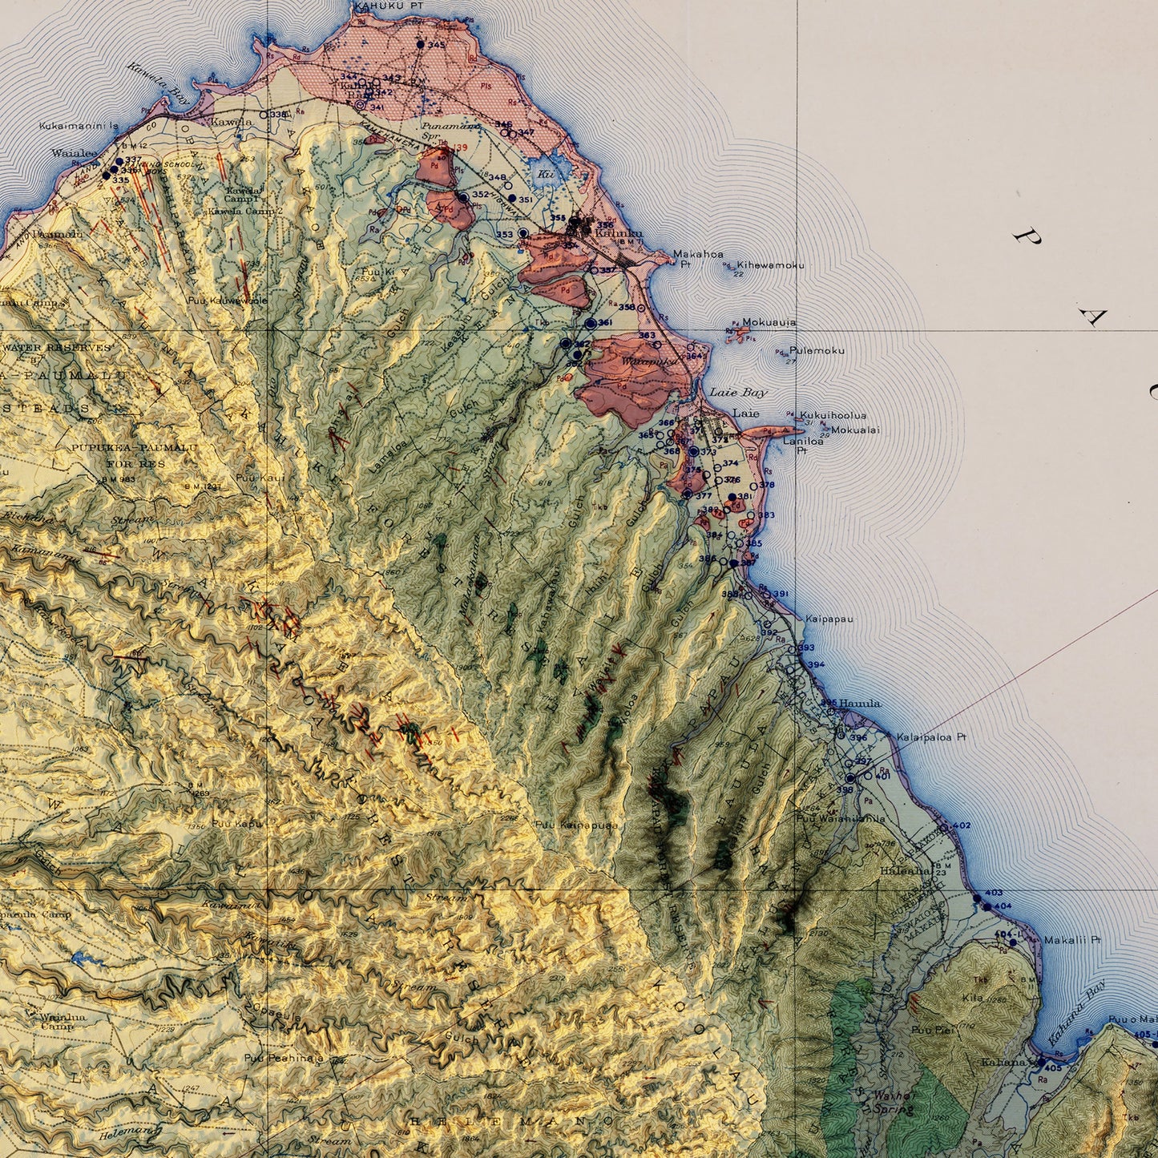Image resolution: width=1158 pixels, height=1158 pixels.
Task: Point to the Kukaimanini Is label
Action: [x=79, y=126]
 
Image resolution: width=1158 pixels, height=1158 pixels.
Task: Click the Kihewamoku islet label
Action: [x=770, y=265]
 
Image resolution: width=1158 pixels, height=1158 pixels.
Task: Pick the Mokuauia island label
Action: [x=769, y=322]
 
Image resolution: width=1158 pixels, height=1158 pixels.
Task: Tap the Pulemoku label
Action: [x=817, y=351]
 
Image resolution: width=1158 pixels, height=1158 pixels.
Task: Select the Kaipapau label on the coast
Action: [x=829, y=619]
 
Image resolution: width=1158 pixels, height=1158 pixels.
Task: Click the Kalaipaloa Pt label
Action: [x=932, y=737]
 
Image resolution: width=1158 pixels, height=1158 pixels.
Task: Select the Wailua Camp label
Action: [x=63, y=1022]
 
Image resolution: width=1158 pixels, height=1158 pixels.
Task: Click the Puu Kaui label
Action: [x=249, y=478]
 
